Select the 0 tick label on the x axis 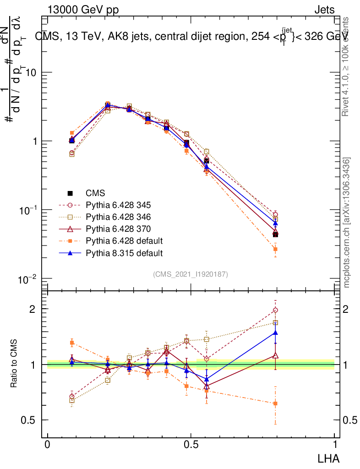coord(48,444)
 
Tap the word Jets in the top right coord(324,11)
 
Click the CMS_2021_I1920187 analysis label coord(191,274)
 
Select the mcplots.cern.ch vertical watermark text coord(347,223)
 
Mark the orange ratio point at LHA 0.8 coord(275,404)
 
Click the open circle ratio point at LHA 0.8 coord(275,310)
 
